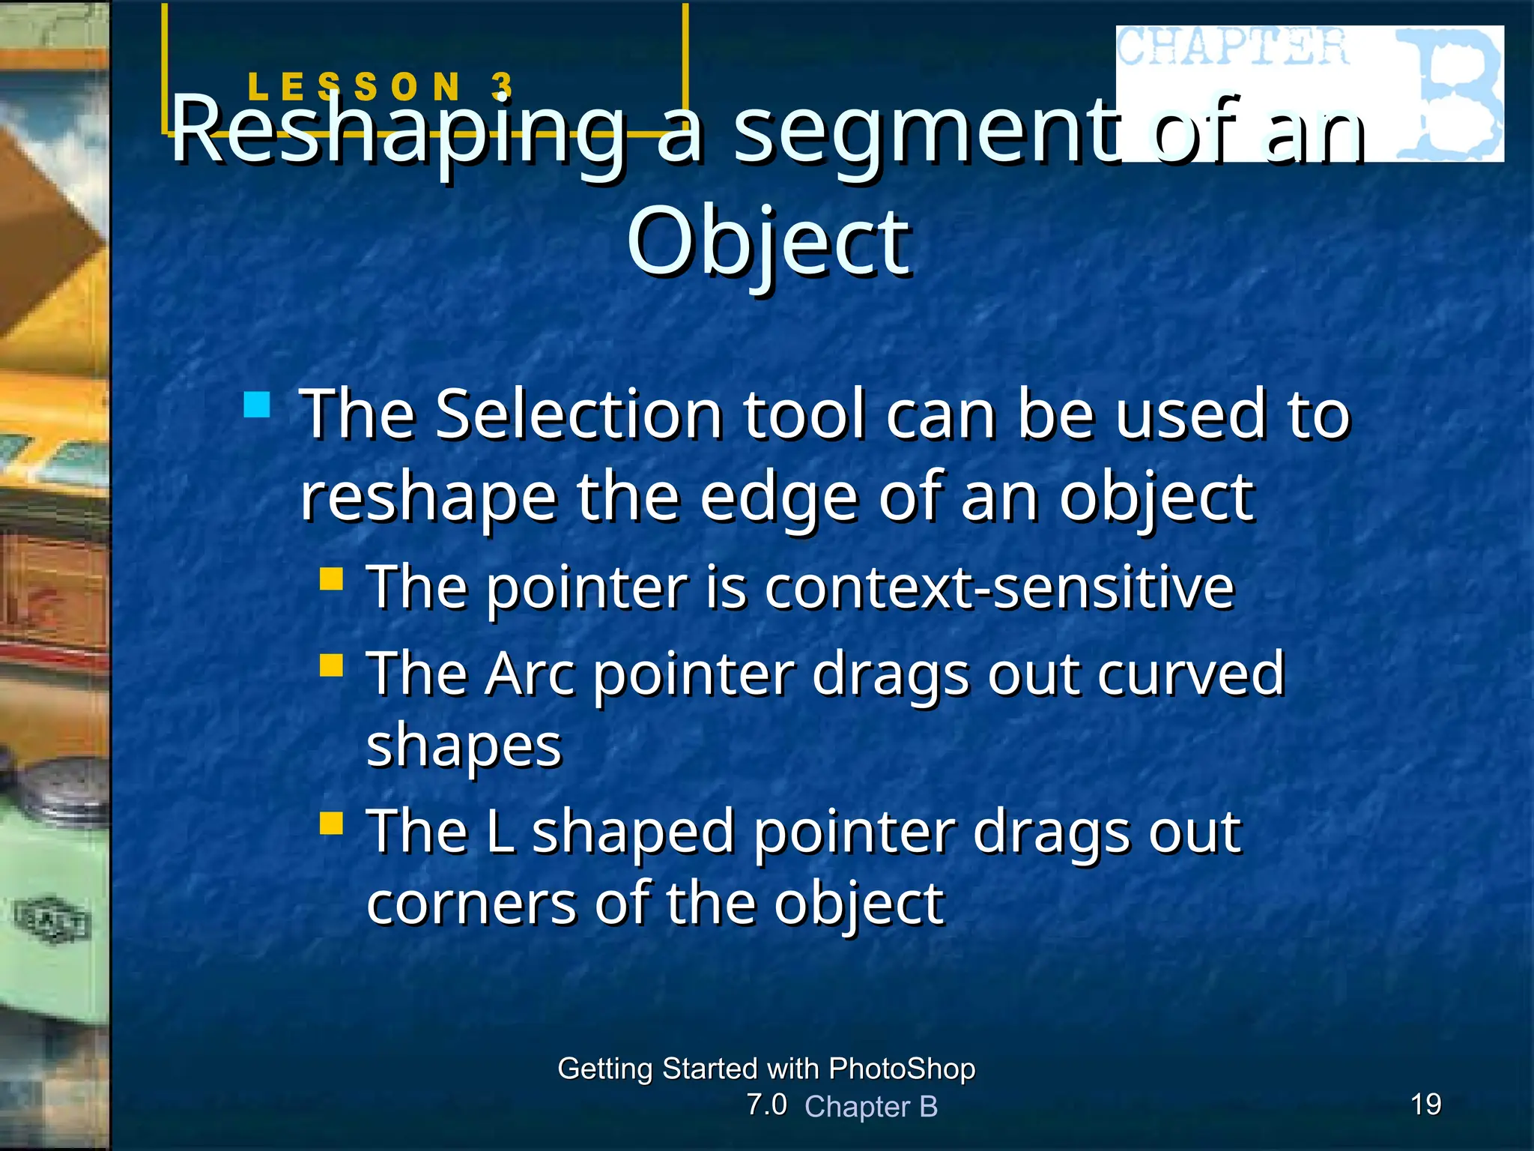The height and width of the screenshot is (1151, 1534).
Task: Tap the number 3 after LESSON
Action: tap(503, 86)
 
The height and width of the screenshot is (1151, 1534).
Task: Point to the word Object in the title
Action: tap(768, 244)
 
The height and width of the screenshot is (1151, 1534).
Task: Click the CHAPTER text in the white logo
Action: tap(1233, 46)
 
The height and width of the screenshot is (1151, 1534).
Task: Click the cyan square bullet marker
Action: tap(257, 405)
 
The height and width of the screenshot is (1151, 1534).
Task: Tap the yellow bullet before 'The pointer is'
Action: tap(331, 579)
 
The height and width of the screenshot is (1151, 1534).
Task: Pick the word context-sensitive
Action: tap(999, 587)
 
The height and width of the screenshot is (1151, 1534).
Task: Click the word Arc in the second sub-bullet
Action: tap(530, 674)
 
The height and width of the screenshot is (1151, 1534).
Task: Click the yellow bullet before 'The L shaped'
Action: tap(331, 824)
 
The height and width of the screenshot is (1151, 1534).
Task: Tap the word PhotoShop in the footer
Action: tap(902, 1069)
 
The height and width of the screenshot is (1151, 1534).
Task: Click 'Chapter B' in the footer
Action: tap(871, 1107)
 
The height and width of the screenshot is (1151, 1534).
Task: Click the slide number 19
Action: tap(1425, 1104)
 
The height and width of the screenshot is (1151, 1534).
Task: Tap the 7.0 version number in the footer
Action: tap(766, 1105)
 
